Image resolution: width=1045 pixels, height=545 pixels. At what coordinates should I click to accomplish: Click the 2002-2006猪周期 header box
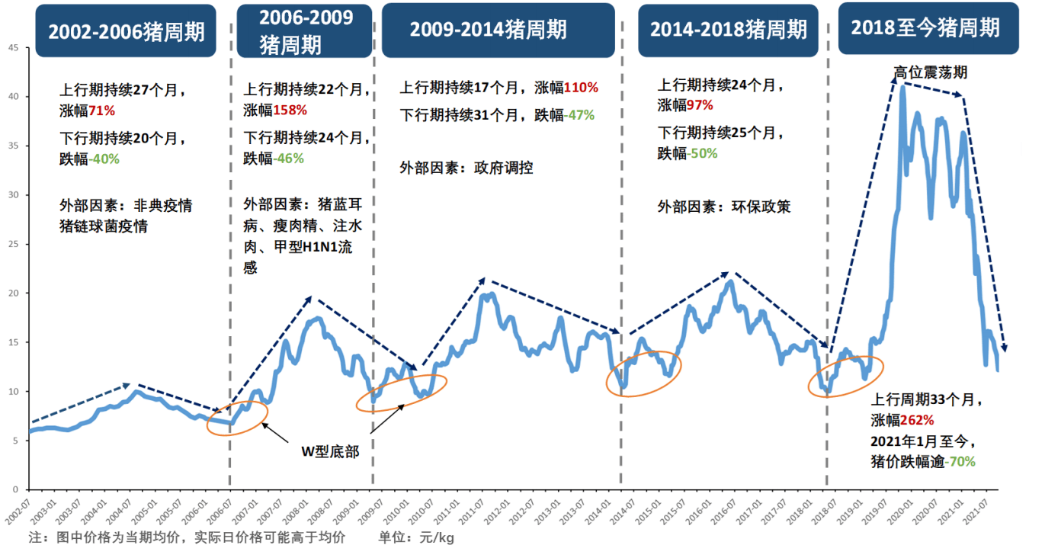(127, 31)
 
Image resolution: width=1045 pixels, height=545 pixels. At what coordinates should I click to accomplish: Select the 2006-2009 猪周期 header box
(306, 31)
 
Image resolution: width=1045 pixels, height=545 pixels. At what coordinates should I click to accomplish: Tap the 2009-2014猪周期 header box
(498, 30)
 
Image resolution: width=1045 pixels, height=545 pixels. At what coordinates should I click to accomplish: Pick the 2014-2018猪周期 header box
(728, 30)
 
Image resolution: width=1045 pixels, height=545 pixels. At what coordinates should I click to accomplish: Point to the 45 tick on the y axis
(13, 47)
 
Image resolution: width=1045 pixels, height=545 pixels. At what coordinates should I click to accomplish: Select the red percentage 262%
(918, 420)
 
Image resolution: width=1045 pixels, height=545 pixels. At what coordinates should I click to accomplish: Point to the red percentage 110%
(581, 88)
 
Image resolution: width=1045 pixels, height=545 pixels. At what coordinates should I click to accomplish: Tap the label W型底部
(329, 451)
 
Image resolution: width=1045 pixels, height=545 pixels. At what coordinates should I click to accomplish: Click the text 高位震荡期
(931, 72)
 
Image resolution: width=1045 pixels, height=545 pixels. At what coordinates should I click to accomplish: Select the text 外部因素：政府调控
(466, 168)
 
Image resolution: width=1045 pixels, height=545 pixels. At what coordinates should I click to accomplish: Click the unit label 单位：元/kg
(416, 537)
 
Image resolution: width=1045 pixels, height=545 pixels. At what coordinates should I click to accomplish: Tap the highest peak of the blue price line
(903, 87)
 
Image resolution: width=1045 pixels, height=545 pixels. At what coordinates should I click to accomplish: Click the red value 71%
(102, 111)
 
